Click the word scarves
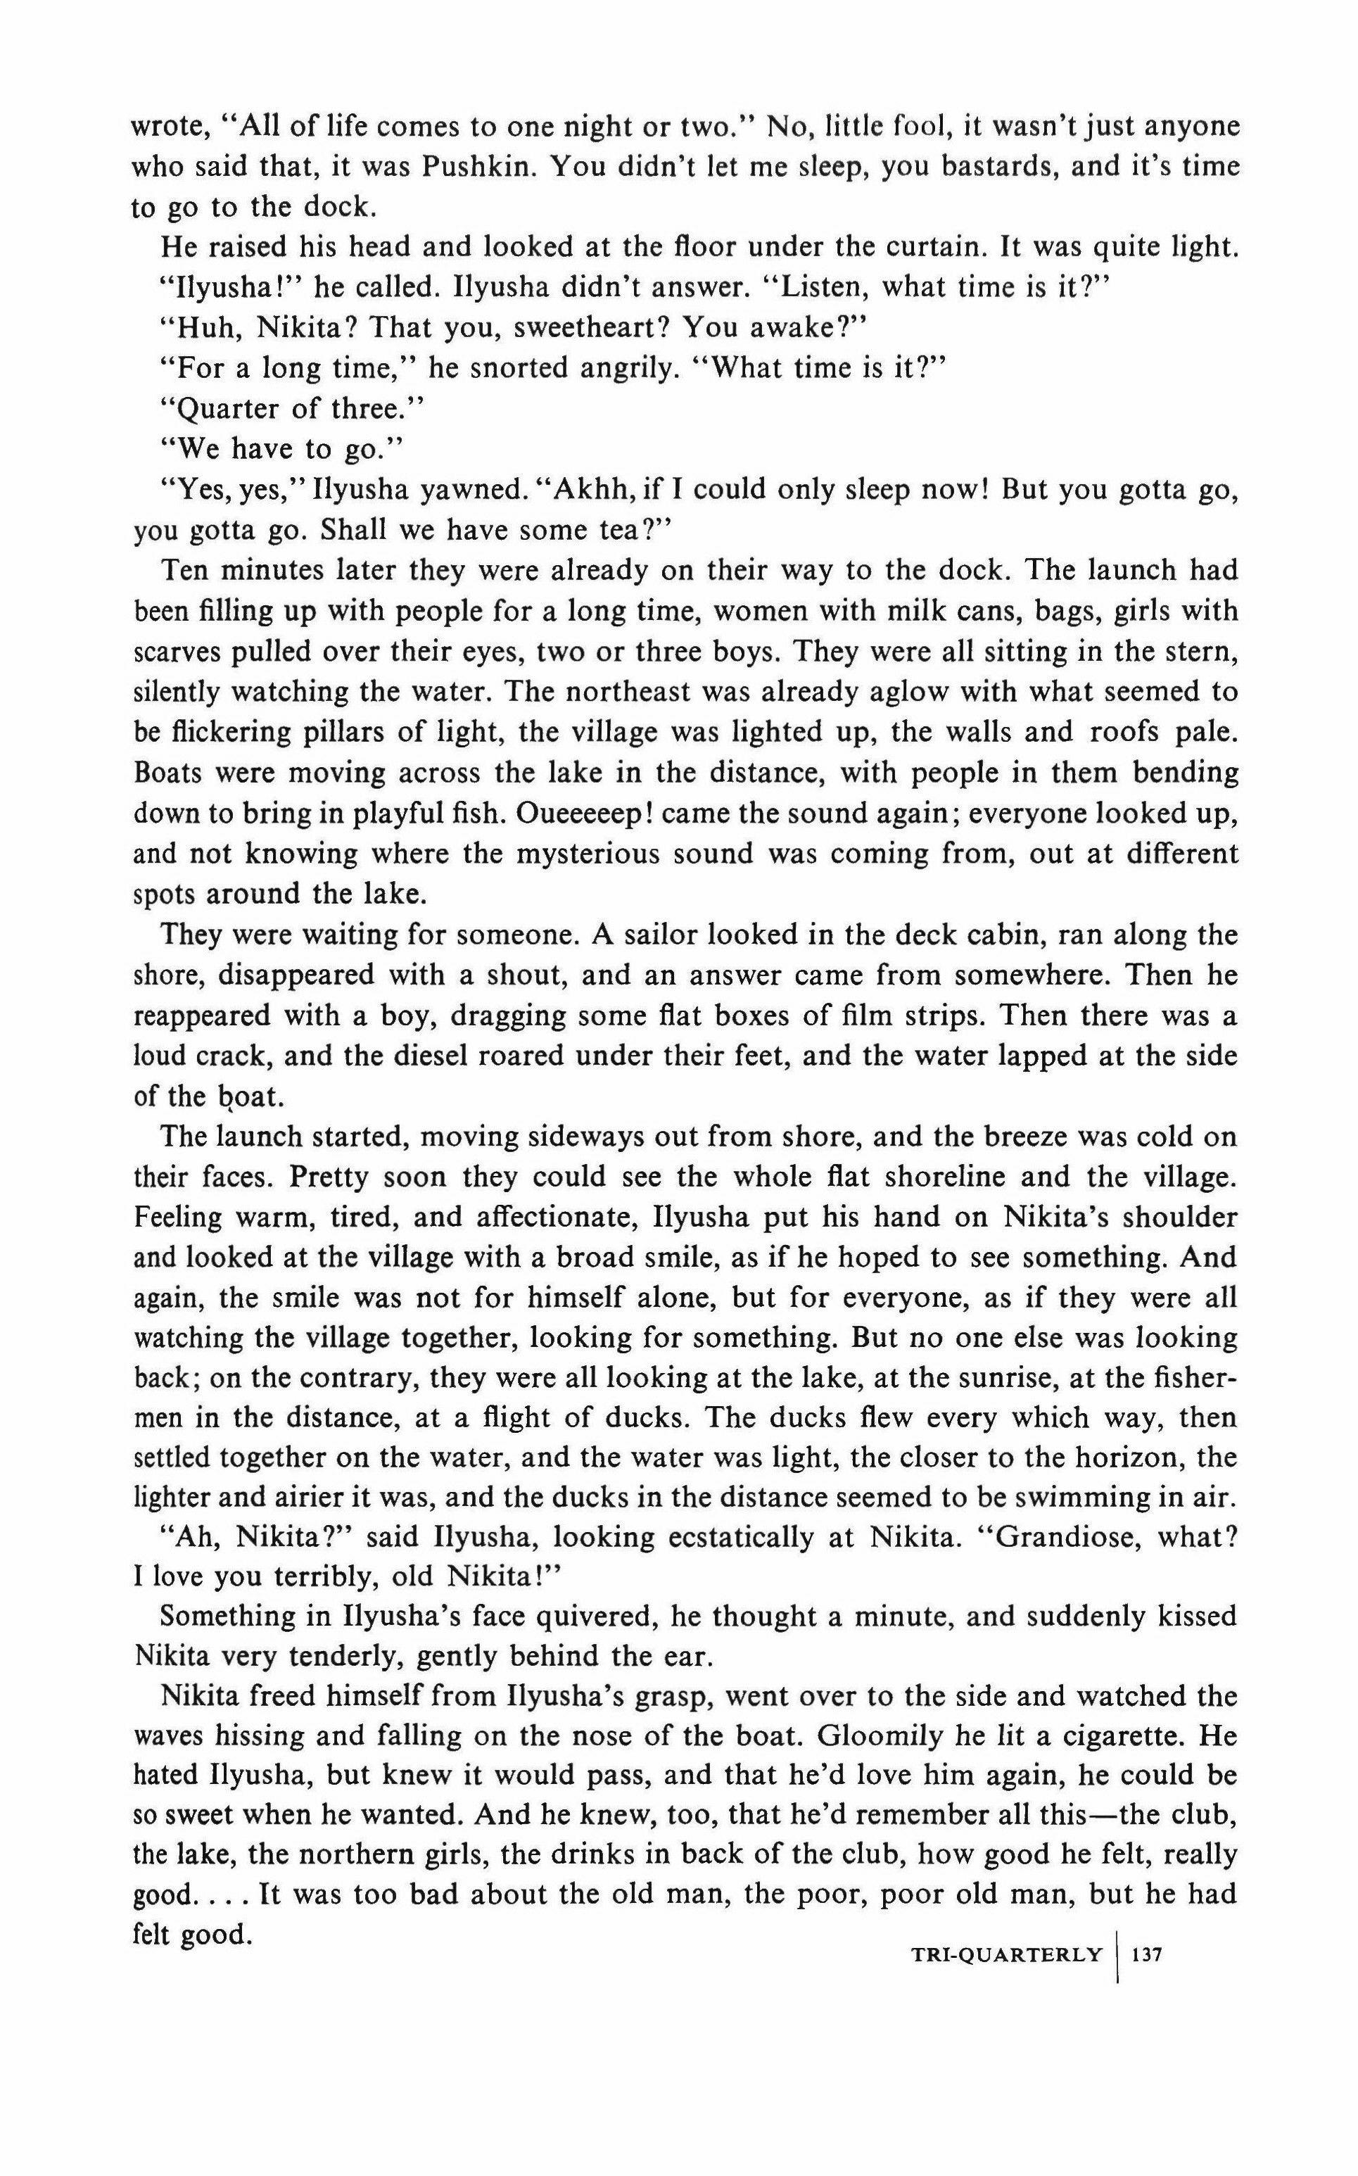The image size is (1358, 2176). [173, 652]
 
